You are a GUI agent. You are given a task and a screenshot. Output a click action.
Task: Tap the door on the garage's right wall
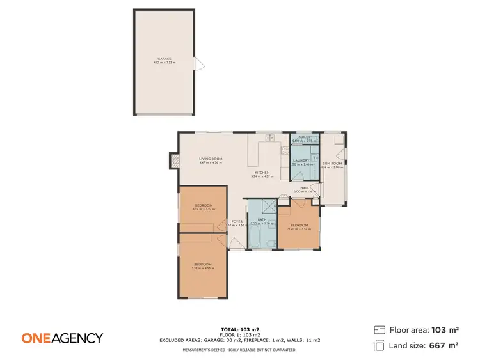[x=199, y=63]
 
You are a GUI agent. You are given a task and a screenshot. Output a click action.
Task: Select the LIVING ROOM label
[x=210, y=159]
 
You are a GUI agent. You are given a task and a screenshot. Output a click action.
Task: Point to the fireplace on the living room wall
[x=173, y=160]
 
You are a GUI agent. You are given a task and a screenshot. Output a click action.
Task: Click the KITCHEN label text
[x=262, y=172]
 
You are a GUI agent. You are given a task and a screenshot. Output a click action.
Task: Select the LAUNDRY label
[x=302, y=160]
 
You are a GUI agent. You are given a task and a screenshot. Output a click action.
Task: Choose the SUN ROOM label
[x=332, y=164]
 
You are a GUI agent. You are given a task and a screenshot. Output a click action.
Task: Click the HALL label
[x=305, y=188]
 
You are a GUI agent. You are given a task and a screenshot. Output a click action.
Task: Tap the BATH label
[x=261, y=219]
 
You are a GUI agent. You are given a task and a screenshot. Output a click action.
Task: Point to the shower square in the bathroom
[x=269, y=205]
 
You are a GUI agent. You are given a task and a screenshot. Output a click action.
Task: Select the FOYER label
[x=237, y=221]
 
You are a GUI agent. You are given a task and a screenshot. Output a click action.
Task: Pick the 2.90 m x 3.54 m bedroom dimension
[x=299, y=229]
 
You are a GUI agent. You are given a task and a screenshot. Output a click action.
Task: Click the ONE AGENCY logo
[x=62, y=338]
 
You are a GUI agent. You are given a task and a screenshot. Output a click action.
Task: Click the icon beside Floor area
[x=379, y=330]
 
